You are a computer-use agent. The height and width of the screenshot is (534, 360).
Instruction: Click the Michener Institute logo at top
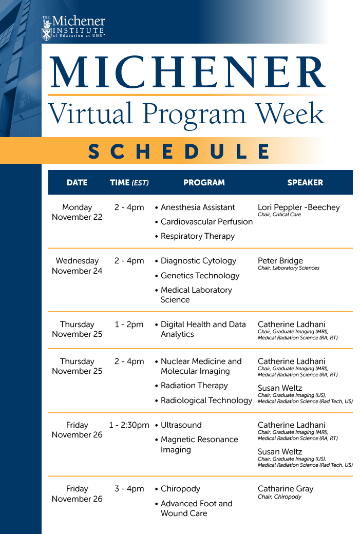73,27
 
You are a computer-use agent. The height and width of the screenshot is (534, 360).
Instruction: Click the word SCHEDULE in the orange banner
179,151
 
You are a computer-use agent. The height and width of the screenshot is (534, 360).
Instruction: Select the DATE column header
77,182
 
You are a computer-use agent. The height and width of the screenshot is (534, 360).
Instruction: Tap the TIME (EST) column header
129,182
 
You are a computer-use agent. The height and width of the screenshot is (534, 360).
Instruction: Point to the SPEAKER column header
305,182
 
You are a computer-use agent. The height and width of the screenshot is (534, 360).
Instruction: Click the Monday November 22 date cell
77,212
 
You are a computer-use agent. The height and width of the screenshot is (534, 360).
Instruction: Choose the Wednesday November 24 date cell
77,265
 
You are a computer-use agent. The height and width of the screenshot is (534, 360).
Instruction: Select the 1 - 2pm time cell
129,325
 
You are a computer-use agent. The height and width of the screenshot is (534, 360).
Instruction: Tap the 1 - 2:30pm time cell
129,425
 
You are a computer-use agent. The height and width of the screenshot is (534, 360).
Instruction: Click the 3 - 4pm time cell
129,489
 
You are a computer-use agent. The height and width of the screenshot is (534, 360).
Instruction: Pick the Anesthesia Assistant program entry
198,207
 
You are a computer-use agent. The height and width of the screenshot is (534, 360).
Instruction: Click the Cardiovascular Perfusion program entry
206,222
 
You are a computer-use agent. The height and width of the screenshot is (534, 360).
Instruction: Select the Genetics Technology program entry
200,275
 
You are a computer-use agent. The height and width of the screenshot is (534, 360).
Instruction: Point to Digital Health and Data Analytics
203,329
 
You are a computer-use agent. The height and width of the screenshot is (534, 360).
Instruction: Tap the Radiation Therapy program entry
194,386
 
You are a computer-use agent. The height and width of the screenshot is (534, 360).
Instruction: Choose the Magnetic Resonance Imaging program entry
199,445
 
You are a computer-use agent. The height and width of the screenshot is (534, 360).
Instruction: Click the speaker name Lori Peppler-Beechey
298,207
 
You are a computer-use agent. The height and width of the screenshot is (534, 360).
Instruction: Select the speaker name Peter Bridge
280,261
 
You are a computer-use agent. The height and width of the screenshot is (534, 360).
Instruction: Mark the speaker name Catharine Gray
286,489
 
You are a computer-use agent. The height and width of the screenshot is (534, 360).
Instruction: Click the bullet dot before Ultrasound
156,426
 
